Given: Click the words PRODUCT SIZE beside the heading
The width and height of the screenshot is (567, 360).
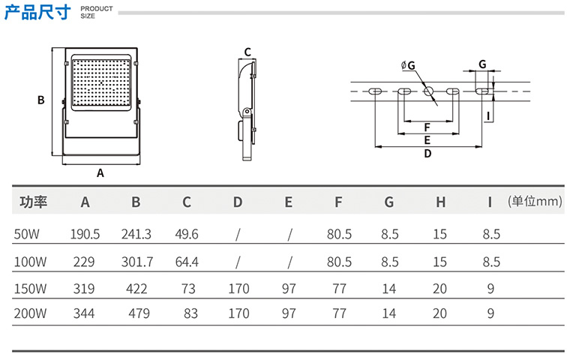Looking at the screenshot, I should (x=96, y=12).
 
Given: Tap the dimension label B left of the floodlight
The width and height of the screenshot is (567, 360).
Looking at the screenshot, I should (x=42, y=100).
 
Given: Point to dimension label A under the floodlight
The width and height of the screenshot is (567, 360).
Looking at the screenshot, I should (x=100, y=172).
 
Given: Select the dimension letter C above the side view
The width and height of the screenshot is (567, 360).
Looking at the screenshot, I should (x=247, y=52).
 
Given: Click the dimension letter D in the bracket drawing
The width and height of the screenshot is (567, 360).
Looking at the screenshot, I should (x=427, y=154).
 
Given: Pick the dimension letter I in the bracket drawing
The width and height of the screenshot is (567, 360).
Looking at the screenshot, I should (x=488, y=115).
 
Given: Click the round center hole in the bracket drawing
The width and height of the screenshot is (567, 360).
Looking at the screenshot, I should (x=429, y=91).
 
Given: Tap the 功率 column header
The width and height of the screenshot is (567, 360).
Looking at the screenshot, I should (x=34, y=202).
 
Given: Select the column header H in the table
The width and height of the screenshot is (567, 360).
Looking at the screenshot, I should (x=441, y=202).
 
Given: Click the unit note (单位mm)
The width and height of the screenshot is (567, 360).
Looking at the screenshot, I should (x=535, y=202).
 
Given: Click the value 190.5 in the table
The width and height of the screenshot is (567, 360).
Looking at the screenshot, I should (x=85, y=235).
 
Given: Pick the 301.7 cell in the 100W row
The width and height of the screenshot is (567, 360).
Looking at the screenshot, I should (x=136, y=262).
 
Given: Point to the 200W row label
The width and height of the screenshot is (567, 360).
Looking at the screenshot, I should (x=31, y=313).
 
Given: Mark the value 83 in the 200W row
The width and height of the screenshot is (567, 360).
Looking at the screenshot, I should (x=190, y=313).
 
